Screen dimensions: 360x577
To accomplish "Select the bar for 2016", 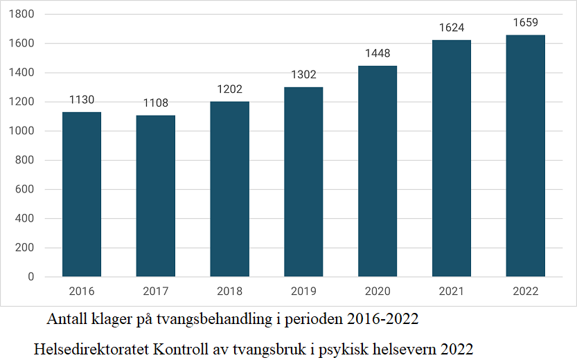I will (x=82, y=194).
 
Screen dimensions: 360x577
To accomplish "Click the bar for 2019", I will (x=303, y=181).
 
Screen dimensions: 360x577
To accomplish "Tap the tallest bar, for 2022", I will (x=525, y=156).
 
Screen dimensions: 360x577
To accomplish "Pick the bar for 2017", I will (x=156, y=196).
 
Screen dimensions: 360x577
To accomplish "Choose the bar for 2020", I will (x=378, y=171).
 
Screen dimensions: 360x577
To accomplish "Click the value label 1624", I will (x=451, y=28).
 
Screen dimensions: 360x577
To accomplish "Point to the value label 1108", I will (x=156, y=103).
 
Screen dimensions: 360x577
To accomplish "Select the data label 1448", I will (x=378, y=53).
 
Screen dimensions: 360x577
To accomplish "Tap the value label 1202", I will (x=229, y=89).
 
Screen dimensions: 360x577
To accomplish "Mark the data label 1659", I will (x=525, y=23).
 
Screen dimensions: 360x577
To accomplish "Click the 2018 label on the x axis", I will (x=229, y=291).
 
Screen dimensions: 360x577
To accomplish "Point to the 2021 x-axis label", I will (x=451, y=291).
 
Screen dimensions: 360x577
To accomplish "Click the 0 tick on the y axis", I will (x=30, y=277).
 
